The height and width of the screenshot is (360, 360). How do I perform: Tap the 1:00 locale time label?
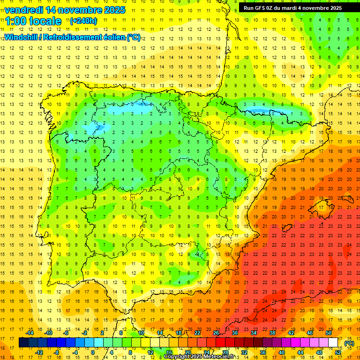coord(33,21)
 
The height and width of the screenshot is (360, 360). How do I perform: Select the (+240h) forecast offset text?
coord(83,21)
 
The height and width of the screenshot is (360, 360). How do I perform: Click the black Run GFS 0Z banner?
coord(296,7)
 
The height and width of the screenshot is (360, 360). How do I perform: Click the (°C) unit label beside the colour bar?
coord(349,343)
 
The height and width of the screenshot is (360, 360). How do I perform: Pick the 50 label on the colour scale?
coord(329,333)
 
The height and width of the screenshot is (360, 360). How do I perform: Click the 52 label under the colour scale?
coord(338,352)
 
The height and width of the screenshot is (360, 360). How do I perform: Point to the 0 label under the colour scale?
coord(93,352)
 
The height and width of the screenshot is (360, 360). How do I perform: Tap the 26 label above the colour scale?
coord(216,333)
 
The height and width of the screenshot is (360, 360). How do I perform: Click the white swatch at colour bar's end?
coord(333,343)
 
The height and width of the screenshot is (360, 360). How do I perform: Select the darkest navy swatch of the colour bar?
coord(23,343)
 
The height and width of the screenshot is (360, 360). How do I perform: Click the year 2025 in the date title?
coord(111,9)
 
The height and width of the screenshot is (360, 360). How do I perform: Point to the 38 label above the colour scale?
coord(272,333)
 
